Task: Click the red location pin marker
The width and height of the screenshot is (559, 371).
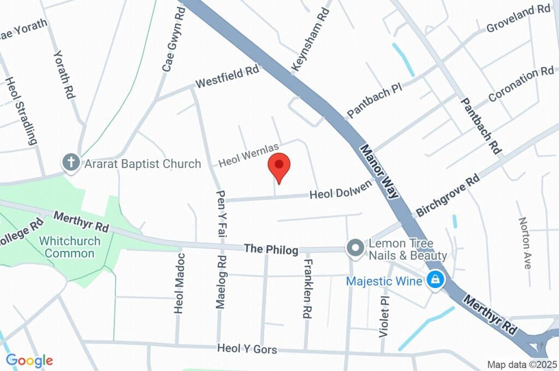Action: click(279, 167)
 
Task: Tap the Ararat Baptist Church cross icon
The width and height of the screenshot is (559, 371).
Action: click(70, 162)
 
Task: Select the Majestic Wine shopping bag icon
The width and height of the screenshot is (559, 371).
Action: click(436, 281)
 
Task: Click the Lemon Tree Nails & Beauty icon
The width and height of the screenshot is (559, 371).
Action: click(355, 248)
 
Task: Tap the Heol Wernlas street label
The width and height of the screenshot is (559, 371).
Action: click(248, 155)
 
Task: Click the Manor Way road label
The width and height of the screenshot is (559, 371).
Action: click(380, 171)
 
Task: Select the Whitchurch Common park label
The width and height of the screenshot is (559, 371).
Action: click(69, 247)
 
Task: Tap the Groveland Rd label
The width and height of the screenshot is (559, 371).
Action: click(518, 18)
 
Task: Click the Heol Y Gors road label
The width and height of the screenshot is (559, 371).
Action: click(247, 349)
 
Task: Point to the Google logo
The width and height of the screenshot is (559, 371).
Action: click(29, 360)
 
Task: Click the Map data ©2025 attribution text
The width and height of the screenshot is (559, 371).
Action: click(522, 364)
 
